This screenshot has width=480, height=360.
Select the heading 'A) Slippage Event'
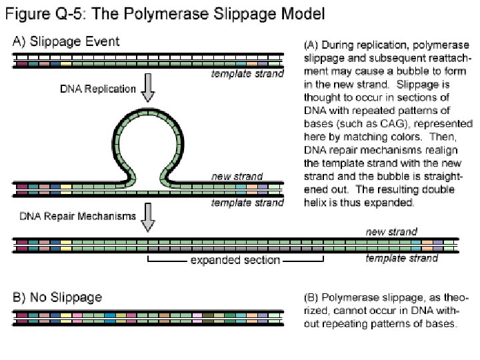[x=67, y=41]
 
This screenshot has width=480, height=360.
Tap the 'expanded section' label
[x=235, y=260]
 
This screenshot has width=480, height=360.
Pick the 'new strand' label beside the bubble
[x=237, y=177]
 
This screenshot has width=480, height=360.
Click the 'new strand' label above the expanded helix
[x=391, y=232]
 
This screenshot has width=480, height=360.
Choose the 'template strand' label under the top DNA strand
[x=247, y=74]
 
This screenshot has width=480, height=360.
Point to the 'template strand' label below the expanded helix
[x=402, y=258]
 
